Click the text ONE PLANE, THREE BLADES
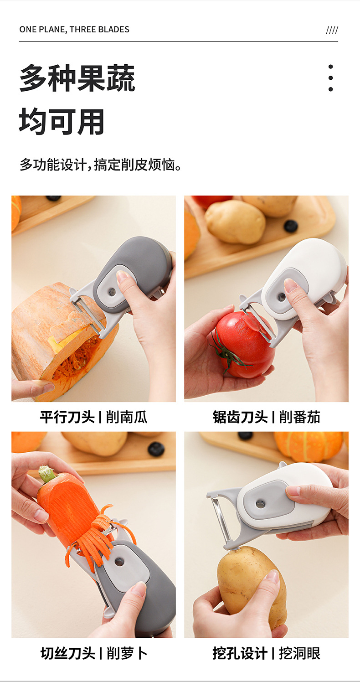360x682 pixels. click(74, 30)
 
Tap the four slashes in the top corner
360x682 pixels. click(332, 30)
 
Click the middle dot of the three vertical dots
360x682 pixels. click(330, 78)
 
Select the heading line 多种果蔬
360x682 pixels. click(77, 78)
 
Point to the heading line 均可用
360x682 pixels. click(62, 122)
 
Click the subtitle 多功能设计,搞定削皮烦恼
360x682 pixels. click(101, 165)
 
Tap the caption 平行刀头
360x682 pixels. click(67, 417)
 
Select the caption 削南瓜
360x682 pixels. click(127, 417)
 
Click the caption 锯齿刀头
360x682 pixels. click(240, 417)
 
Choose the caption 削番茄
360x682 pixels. click(299, 417)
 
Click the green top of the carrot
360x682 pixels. click(46, 474)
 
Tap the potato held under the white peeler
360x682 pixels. click(252, 589)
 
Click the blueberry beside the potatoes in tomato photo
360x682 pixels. click(291, 226)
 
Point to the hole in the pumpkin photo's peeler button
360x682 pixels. click(112, 292)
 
